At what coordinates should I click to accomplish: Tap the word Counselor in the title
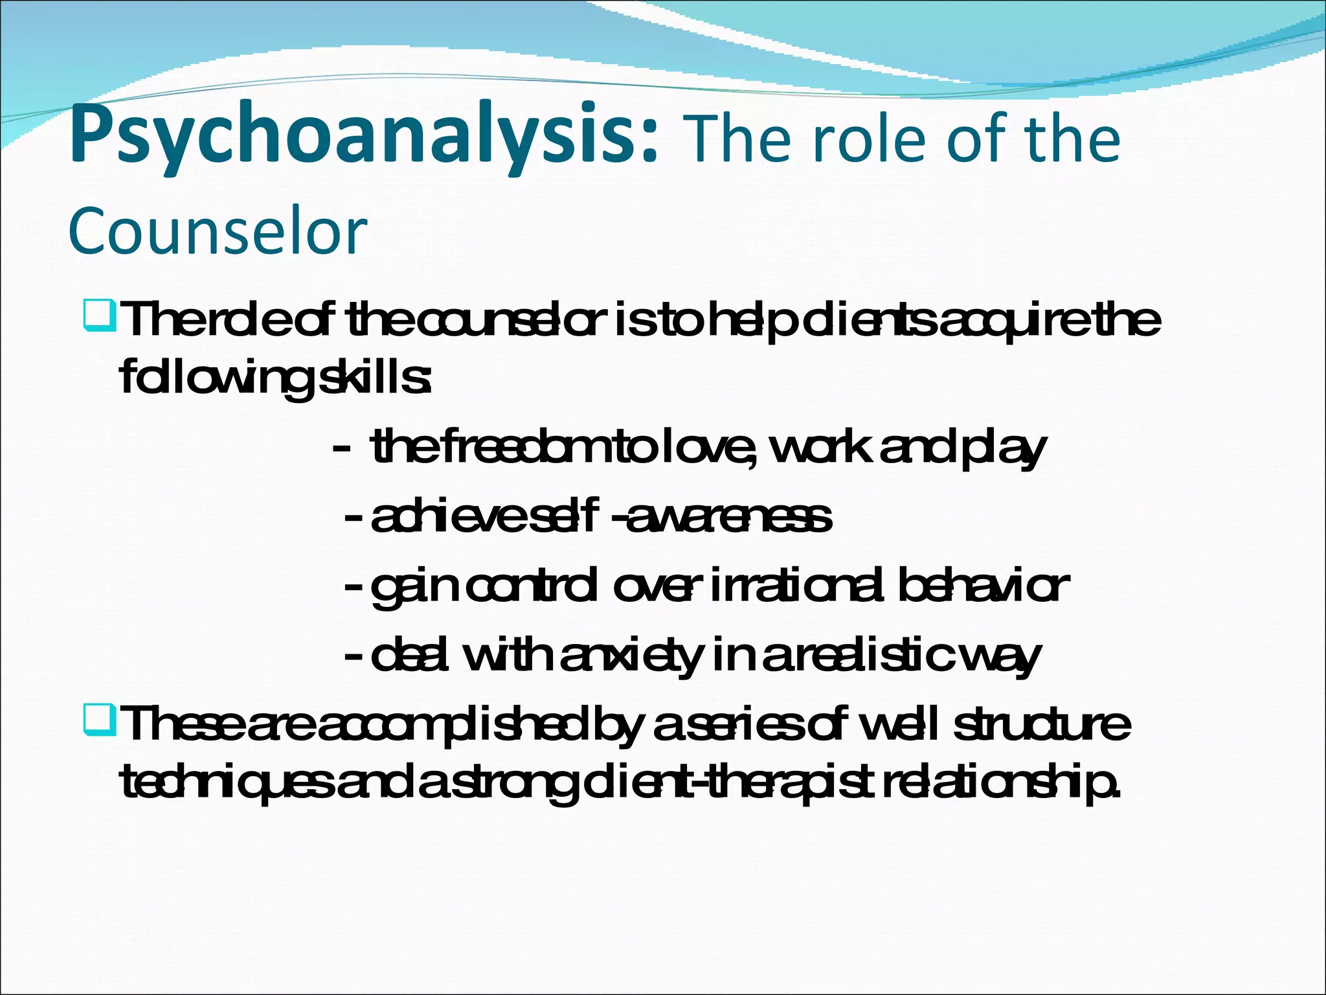pyautogui.click(x=218, y=231)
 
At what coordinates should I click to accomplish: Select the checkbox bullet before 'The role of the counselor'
pyautogui.click(x=99, y=316)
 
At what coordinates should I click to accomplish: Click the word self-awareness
pyautogui.click(x=680, y=517)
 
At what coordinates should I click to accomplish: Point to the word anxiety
pyautogui.click(x=631, y=656)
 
